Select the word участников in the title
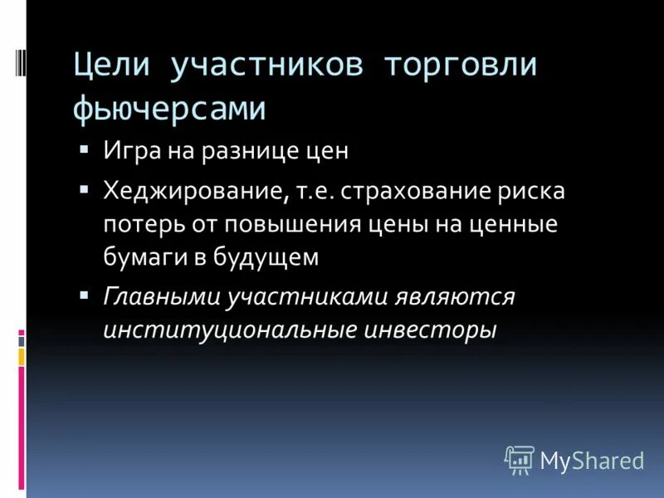266,66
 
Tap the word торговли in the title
460,66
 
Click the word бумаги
134,256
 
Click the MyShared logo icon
520,459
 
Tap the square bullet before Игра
84,150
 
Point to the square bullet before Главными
84,295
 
